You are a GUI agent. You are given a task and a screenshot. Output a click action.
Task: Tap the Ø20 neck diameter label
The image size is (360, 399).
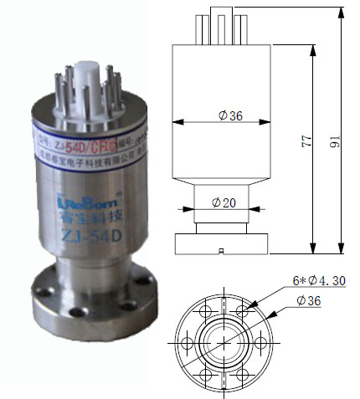pos(224,202)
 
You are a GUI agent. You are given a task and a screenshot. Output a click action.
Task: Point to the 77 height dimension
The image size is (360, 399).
pos(305,143)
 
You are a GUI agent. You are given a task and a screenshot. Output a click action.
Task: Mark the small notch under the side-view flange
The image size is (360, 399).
pos(219,251)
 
